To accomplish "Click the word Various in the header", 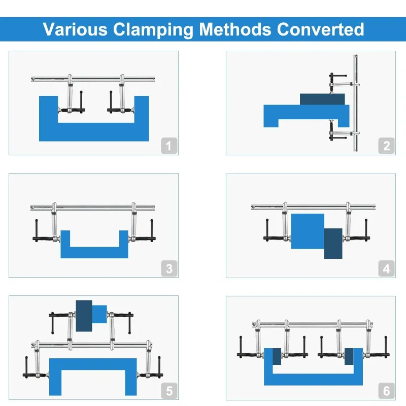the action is click(75, 29).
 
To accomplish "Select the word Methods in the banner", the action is click(235, 29).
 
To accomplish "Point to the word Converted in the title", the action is click(321, 29).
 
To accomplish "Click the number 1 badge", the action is click(169, 146).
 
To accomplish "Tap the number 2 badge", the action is click(386, 146).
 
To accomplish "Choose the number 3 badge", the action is click(169, 268).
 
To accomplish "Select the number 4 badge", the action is click(386, 268).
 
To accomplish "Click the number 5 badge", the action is click(169, 391).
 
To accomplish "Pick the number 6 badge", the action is click(386, 391).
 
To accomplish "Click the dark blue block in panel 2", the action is click(322, 99).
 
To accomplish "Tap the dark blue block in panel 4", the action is click(333, 244).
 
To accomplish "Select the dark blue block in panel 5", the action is click(84, 316).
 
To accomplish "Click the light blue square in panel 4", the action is click(308, 231).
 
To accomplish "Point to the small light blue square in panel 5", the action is click(99, 314).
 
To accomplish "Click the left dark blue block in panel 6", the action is click(277, 357).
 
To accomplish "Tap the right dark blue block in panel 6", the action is click(349, 357).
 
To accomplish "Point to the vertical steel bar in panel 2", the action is click(356, 103).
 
